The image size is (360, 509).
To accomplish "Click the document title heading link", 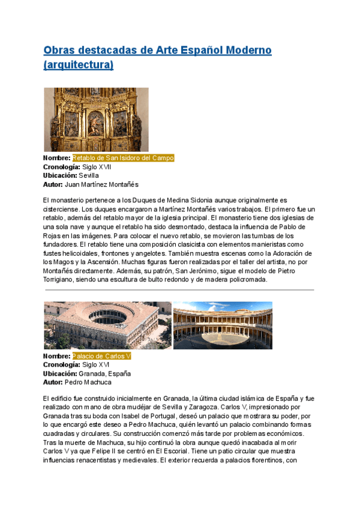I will [157, 50].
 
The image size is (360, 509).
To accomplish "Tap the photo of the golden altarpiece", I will [96, 119].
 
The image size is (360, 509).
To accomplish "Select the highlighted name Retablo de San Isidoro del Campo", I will [124, 158].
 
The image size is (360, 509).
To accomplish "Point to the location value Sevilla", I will [89, 175].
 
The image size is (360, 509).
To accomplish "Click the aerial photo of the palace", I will [107, 325].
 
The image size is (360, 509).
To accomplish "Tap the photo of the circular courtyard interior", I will [223, 325].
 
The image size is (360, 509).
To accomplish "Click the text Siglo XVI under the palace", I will [96, 364].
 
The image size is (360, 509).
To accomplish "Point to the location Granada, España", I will [105, 373].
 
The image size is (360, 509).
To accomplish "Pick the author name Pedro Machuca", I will [88, 382].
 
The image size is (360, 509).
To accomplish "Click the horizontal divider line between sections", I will [179, 290].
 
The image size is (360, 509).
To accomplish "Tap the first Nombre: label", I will [57, 158].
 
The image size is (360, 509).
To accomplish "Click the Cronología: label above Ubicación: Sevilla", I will [62, 167].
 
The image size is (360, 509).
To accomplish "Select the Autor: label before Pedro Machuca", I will [53, 382].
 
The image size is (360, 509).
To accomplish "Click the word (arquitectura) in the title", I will [79, 64].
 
